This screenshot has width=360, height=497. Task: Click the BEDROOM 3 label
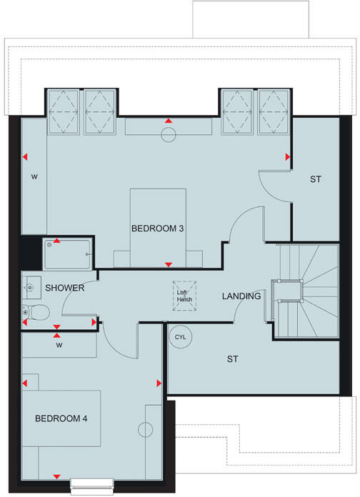pyautogui.click(x=158, y=229)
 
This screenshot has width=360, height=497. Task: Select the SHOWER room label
pyautogui.click(x=66, y=288)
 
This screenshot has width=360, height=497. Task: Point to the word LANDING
pyautogui.click(x=241, y=296)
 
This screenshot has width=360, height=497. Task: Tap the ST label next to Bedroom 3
pyautogui.click(x=315, y=179)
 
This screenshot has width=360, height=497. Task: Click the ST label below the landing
pyautogui.click(x=232, y=358)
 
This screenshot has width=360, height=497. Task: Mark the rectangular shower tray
pyautogui.click(x=68, y=252)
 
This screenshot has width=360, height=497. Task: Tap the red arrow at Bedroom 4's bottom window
pyautogui.click(x=57, y=476)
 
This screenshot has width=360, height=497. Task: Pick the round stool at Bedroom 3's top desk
pyautogui.click(x=169, y=134)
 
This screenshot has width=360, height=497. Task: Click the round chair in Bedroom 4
pyautogui.click(x=146, y=429)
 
